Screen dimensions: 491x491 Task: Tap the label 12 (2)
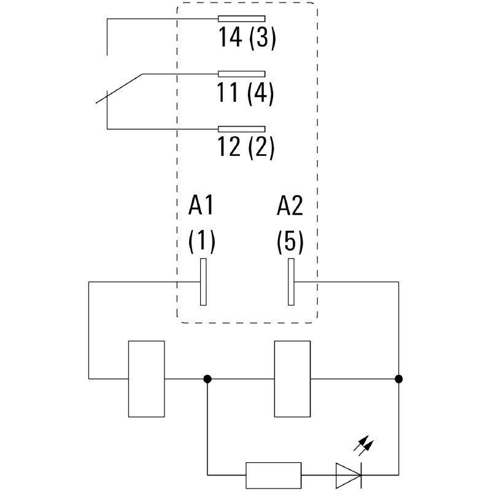coord(245,147)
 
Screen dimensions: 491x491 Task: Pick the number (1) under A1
coord(201,241)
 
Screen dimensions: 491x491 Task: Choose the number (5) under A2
coord(290,241)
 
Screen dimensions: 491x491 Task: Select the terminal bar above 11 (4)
coord(242,74)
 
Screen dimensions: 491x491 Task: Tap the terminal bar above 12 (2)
coord(242,129)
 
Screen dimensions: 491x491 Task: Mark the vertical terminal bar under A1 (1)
coord(203,282)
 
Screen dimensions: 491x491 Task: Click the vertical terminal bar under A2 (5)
coord(292,282)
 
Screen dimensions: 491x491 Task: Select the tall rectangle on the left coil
coord(146,379)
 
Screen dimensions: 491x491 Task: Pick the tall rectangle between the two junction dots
coord(292,379)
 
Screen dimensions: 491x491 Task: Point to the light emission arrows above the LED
coord(368,444)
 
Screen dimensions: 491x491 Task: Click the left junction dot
coord(207,379)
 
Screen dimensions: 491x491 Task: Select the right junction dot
coord(399,379)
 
